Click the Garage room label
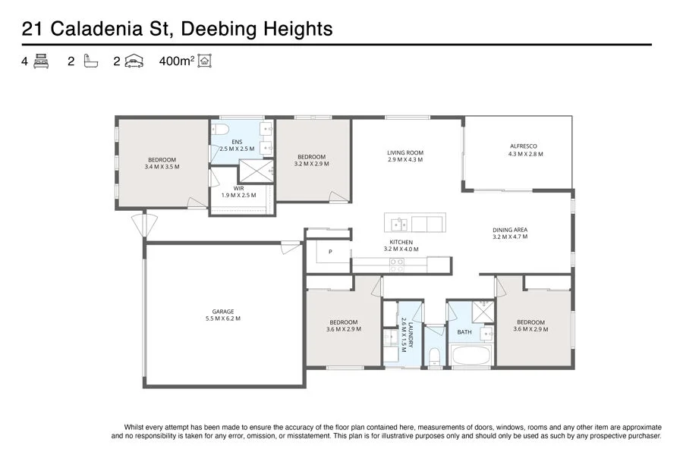tap(222, 311)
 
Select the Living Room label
tap(404, 152)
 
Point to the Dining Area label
tap(509, 230)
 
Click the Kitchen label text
tap(401, 242)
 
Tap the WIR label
tap(238, 188)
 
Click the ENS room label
tap(237, 142)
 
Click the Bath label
tap(464, 332)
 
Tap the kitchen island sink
tap(400, 223)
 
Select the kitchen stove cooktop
tap(397, 265)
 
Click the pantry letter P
tap(330, 252)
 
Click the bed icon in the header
tap(41, 61)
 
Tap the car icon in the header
tap(134, 61)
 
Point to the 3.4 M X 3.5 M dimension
tap(162, 166)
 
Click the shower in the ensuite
tap(260, 171)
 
